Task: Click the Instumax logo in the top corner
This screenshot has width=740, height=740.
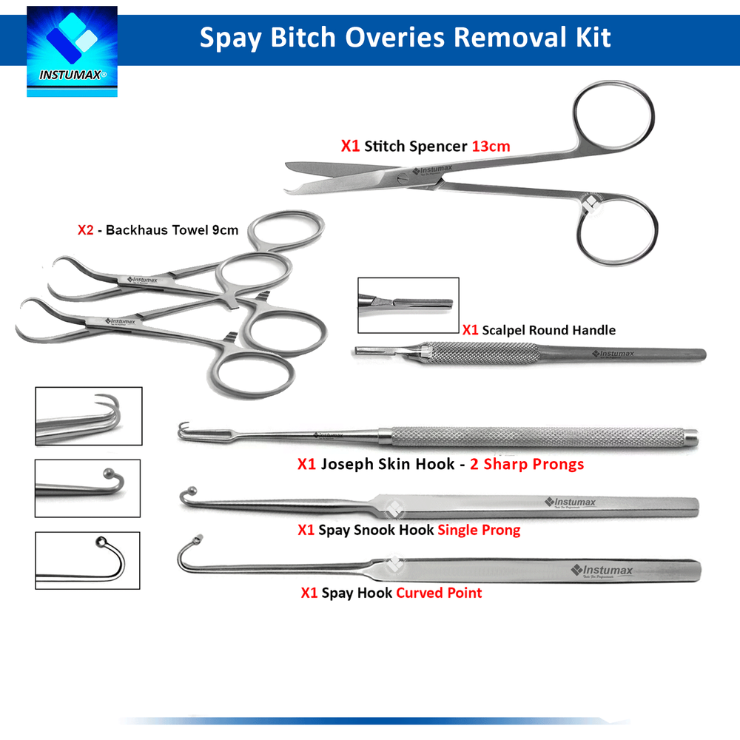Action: click(72, 50)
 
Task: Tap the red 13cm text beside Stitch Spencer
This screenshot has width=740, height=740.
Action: click(491, 146)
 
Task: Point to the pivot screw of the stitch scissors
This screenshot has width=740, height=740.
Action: click(401, 179)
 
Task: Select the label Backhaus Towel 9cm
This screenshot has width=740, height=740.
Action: click(172, 229)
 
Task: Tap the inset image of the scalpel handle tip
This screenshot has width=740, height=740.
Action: click(408, 305)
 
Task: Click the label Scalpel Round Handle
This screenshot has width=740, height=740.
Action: click(548, 330)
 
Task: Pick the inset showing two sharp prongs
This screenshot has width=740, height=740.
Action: click(88, 415)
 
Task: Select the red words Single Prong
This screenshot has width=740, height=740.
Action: click(479, 530)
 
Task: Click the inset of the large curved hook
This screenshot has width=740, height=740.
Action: click(87, 560)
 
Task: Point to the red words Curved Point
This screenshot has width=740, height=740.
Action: click(439, 593)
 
